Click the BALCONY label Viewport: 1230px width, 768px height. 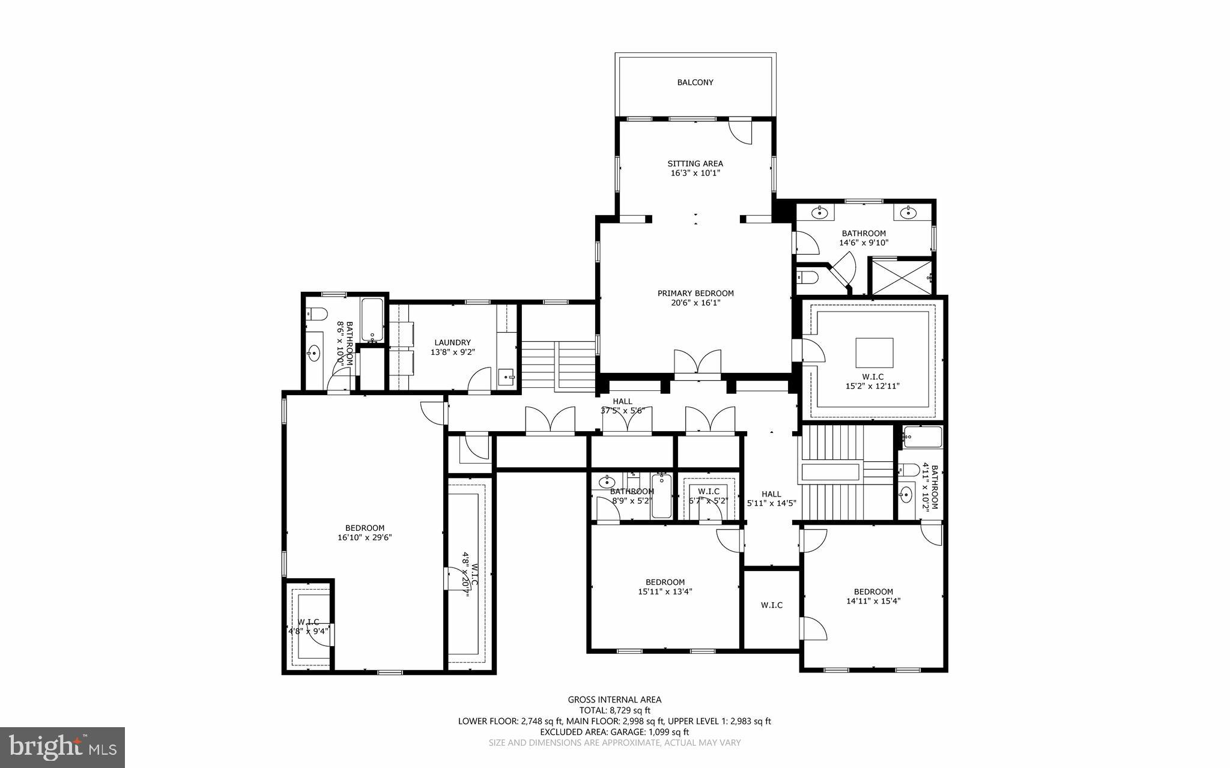[695, 82]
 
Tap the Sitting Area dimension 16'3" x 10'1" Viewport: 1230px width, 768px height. [695, 173]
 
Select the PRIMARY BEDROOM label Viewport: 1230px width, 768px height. [695, 293]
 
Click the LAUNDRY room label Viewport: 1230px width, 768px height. [452, 342]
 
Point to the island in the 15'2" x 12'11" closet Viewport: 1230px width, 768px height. [874, 352]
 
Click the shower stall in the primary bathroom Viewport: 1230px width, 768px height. [901, 276]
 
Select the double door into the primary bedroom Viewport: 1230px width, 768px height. [697, 364]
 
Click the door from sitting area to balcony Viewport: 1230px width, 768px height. [739, 131]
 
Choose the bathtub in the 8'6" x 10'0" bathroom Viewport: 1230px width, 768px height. [372, 319]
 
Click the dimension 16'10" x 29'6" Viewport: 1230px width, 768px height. [365, 538]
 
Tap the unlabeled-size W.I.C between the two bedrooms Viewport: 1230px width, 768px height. [771, 605]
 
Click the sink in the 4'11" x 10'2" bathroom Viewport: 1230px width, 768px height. [906, 495]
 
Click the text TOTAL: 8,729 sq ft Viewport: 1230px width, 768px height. [614, 710]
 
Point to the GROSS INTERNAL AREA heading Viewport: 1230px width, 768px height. [614, 700]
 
